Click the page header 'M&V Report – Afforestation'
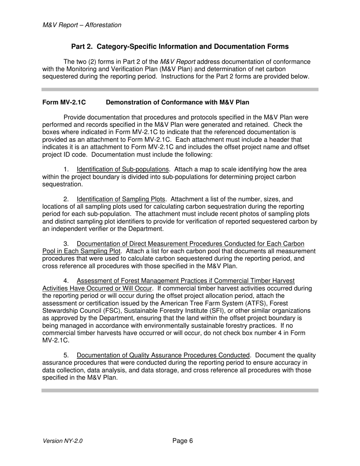point(82,25)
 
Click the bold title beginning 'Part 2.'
point(180,47)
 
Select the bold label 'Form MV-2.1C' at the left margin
point(64,102)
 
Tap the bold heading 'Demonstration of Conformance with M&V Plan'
point(177,102)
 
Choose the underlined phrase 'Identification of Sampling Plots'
point(121,199)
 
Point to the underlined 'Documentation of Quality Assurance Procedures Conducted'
point(163,355)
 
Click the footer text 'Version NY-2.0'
point(63,441)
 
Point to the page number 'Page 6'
point(183,441)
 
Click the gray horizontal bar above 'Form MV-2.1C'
point(180,89)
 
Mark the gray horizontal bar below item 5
point(180,390)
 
